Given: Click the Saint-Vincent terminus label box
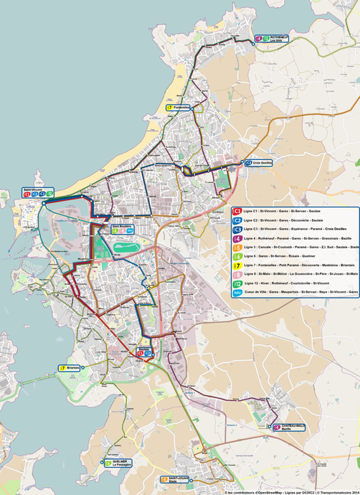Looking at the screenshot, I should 37,192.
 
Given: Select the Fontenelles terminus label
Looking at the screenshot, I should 179,108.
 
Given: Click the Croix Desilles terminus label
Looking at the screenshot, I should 259,163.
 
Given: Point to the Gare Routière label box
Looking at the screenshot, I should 123,229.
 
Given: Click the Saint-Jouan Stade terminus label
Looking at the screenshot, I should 174,479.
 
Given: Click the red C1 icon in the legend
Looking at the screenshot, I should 237,211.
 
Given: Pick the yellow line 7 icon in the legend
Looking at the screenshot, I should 237,265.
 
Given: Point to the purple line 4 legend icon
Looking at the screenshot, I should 237,238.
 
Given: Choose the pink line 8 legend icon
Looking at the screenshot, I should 237,274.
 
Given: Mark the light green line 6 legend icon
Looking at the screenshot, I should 237,256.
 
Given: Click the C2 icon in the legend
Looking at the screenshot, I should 237,220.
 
